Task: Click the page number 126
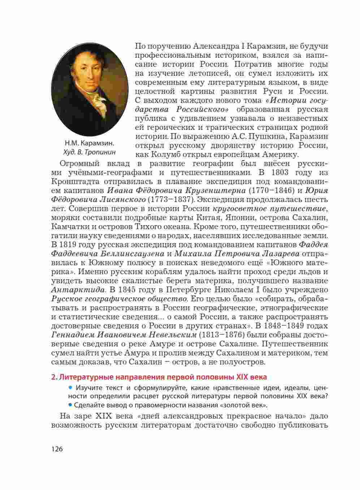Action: pos(57,449)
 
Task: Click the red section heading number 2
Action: pos(54,377)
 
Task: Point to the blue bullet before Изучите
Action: pos(70,387)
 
